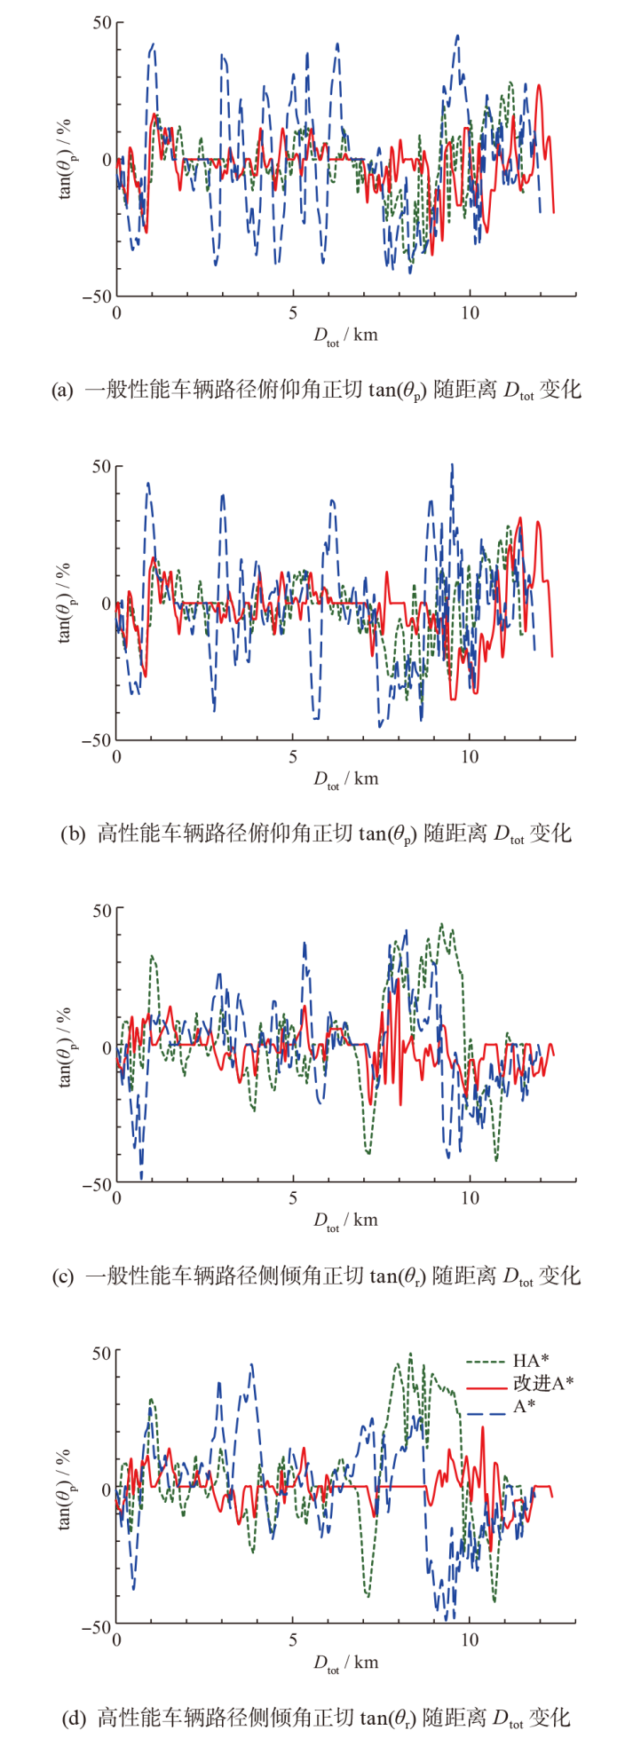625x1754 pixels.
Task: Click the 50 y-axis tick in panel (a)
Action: (99, 22)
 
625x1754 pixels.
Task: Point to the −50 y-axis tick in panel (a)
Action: (96, 296)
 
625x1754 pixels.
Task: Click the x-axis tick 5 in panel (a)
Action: (293, 313)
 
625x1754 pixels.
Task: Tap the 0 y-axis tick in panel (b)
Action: (105, 603)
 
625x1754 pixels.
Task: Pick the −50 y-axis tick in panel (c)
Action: (96, 1183)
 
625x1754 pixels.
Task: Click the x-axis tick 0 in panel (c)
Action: (116, 1198)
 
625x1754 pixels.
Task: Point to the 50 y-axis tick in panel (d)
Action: (99, 1352)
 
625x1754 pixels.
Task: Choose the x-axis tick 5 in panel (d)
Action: (293, 1639)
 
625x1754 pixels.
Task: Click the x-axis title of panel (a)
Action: (345, 336)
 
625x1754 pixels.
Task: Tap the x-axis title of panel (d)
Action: (345, 1663)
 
